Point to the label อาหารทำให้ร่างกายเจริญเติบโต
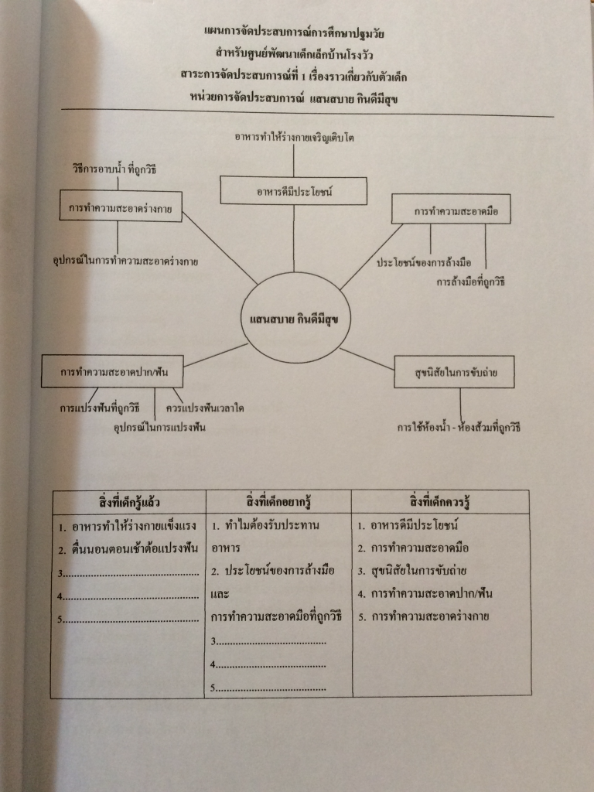[295, 137]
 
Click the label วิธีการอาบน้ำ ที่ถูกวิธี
[115, 169]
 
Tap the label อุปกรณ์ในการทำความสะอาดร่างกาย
[125, 261]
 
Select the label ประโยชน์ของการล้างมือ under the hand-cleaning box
[424, 263]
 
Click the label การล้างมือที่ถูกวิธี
[469, 282]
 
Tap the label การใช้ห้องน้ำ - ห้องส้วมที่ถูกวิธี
[459, 426]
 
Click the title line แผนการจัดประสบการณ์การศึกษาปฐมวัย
[294, 33]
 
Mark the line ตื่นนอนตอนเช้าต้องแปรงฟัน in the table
[129, 549]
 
